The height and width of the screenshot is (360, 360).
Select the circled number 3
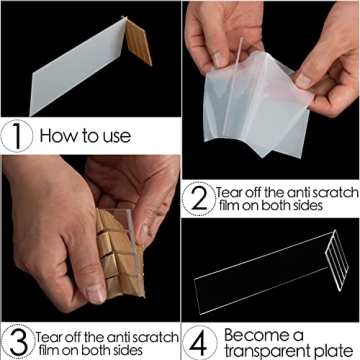[17, 339]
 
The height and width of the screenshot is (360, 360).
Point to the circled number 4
[200, 339]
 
